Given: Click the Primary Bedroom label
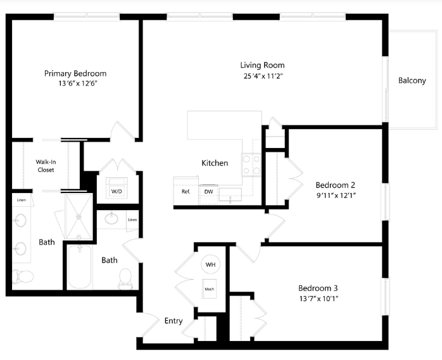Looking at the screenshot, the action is tap(75, 73).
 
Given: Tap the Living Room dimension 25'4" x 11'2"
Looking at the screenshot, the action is tap(263, 76).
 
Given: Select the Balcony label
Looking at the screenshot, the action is tap(412, 80).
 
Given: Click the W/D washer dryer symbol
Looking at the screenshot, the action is tap(117, 187).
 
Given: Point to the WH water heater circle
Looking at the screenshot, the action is tap(210, 264).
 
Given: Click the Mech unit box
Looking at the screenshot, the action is tap(209, 289).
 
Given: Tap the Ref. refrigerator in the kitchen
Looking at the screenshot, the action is tap(186, 191).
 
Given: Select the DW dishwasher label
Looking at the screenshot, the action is tap(208, 192).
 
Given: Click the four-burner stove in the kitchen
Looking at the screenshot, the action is tap(251, 165).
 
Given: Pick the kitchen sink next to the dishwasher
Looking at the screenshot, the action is tap(230, 195).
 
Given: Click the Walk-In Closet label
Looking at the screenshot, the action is tap(46, 166).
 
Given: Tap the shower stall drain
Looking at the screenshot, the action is tap(79, 216).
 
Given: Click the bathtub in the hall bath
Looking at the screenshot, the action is tap(80, 266).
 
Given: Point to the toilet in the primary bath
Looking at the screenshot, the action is tap(23, 276).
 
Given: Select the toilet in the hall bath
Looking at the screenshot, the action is tap(125, 278).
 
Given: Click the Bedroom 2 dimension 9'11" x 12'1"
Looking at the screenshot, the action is tap(336, 196).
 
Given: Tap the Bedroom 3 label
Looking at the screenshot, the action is tap(318, 288).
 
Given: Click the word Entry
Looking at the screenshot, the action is tap(174, 321).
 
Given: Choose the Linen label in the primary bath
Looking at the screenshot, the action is tap(22, 200).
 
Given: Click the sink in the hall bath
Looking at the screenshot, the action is tap(111, 218).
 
